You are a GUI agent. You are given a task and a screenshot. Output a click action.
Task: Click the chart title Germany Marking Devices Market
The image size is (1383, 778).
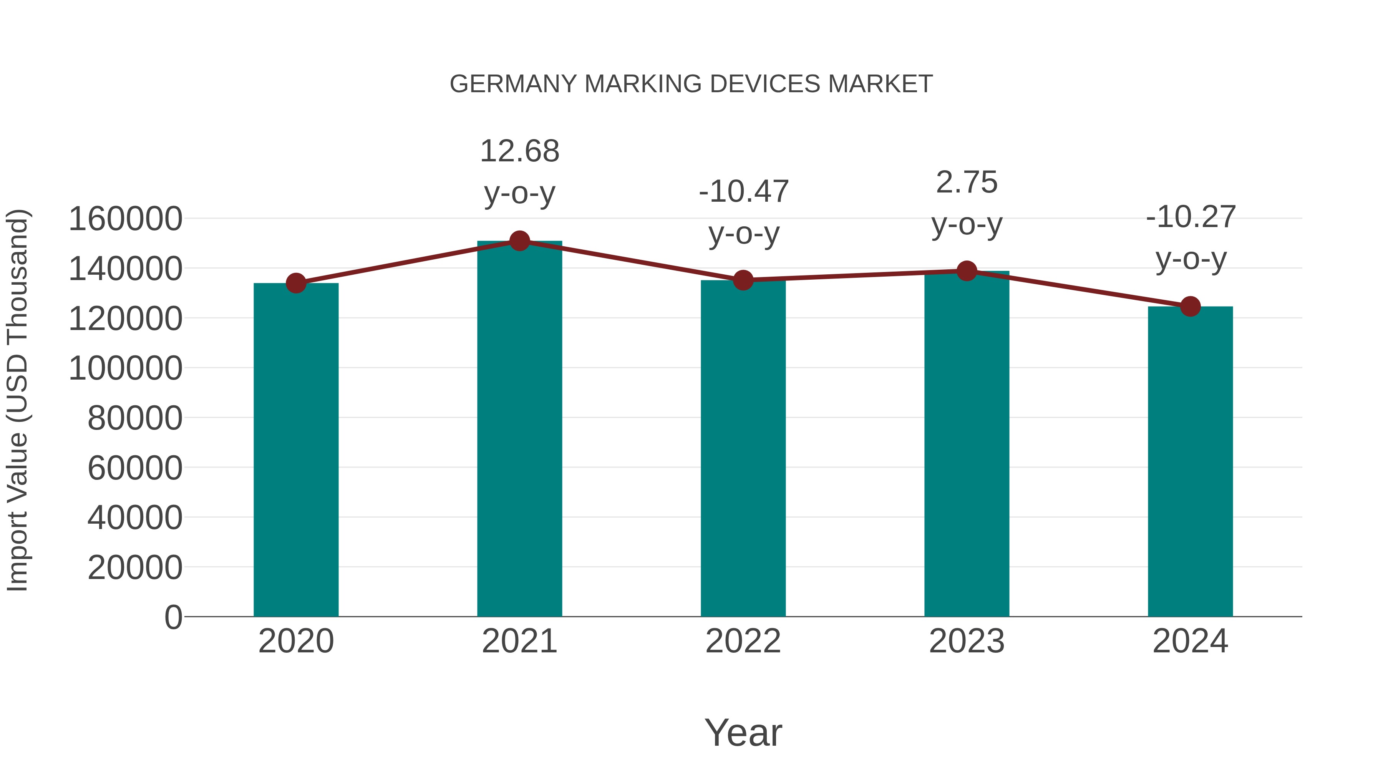[x=691, y=84]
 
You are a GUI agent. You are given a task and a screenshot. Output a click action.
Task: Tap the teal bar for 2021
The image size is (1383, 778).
[x=519, y=430]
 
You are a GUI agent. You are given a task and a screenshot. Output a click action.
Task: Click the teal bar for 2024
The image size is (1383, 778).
[x=1190, y=462]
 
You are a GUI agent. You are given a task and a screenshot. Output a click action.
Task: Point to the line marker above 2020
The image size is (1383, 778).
[x=296, y=283]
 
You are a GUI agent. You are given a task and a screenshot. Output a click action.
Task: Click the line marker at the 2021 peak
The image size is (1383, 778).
[x=519, y=241]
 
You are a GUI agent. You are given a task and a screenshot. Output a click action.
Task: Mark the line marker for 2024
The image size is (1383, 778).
[x=1190, y=307]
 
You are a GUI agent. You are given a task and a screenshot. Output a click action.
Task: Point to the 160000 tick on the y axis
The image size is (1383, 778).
[x=125, y=219]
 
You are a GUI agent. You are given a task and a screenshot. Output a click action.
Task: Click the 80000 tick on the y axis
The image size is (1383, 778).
[x=135, y=418]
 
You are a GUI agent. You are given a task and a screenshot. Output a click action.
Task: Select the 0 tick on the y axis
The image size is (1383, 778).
[x=173, y=617]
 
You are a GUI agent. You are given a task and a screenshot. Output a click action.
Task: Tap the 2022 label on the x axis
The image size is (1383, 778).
[x=743, y=641]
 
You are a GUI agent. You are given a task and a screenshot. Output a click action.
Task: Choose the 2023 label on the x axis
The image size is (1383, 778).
[x=967, y=641]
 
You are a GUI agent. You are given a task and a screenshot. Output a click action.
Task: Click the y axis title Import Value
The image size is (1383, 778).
[x=17, y=400]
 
